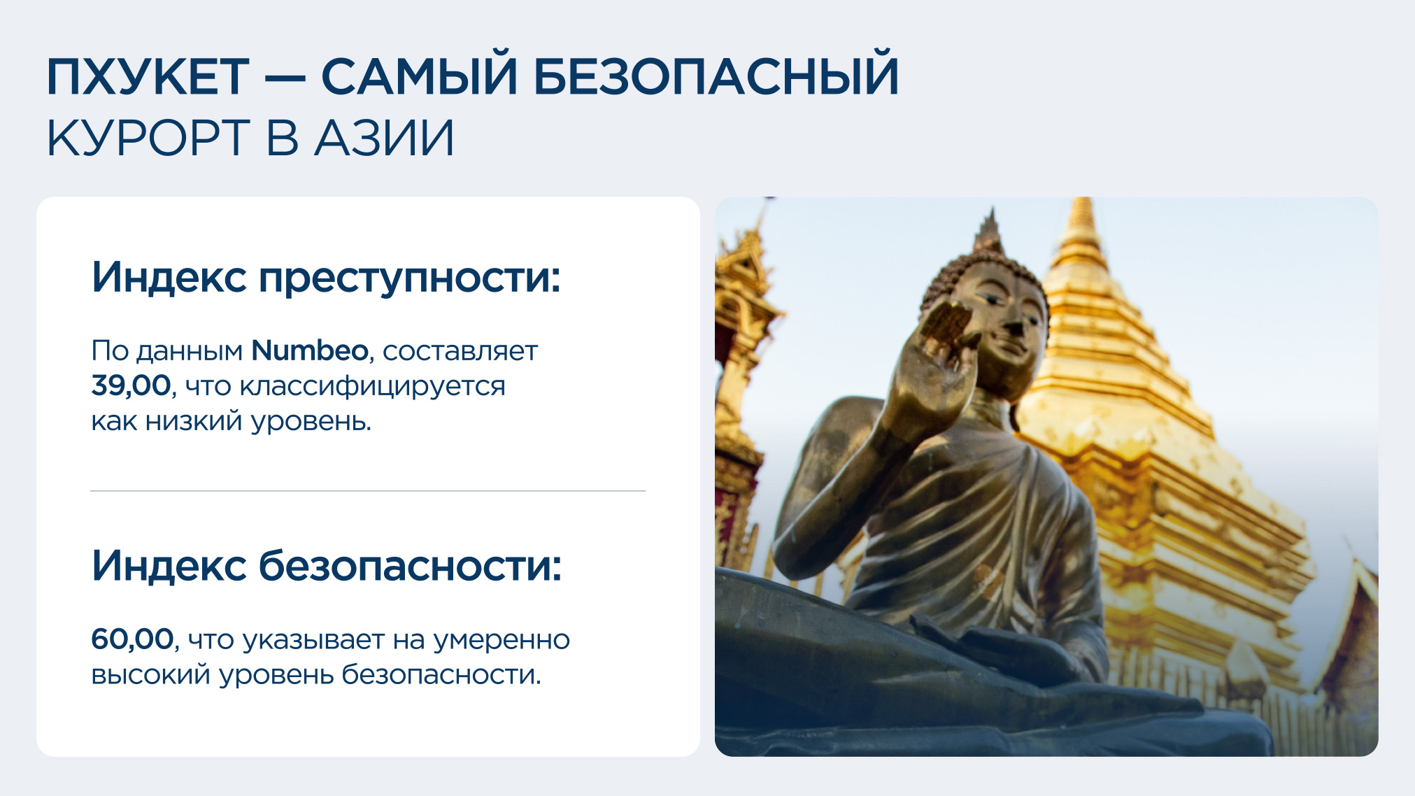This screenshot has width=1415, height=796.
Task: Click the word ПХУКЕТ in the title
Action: [x=148, y=76]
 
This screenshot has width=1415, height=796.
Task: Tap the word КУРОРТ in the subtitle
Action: [x=148, y=138]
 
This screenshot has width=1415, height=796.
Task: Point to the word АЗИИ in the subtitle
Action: [x=385, y=138]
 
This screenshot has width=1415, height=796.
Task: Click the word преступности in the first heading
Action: [x=410, y=278]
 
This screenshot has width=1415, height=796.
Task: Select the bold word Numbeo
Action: [x=310, y=350]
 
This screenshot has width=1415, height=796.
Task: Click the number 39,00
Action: [x=131, y=386]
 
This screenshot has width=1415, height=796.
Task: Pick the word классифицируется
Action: [x=372, y=388]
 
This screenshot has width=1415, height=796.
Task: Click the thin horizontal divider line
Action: [x=368, y=491]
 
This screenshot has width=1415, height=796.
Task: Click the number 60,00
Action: [x=132, y=639]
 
